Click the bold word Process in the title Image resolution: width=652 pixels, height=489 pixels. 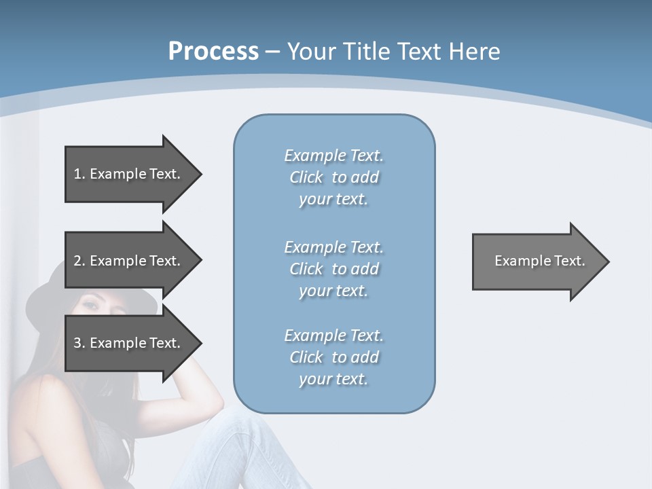pyautogui.click(x=213, y=52)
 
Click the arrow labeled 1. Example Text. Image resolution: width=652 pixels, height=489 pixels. pyautogui.click(x=129, y=174)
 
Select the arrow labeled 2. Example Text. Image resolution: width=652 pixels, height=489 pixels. pyautogui.click(x=129, y=261)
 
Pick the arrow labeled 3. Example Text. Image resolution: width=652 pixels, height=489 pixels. pyautogui.click(x=129, y=343)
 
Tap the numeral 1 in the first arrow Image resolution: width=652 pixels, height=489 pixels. pyautogui.click(x=77, y=174)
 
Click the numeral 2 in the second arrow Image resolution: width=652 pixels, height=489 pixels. pyautogui.click(x=77, y=261)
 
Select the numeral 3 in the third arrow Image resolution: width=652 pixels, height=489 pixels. pyautogui.click(x=77, y=343)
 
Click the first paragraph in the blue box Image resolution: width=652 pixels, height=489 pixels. pyautogui.click(x=333, y=177)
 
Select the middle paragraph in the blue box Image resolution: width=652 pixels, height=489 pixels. pyautogui.click(x=333, y=269)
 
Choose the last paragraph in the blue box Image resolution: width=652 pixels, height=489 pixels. pyautogui.click(x=333, y=357)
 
